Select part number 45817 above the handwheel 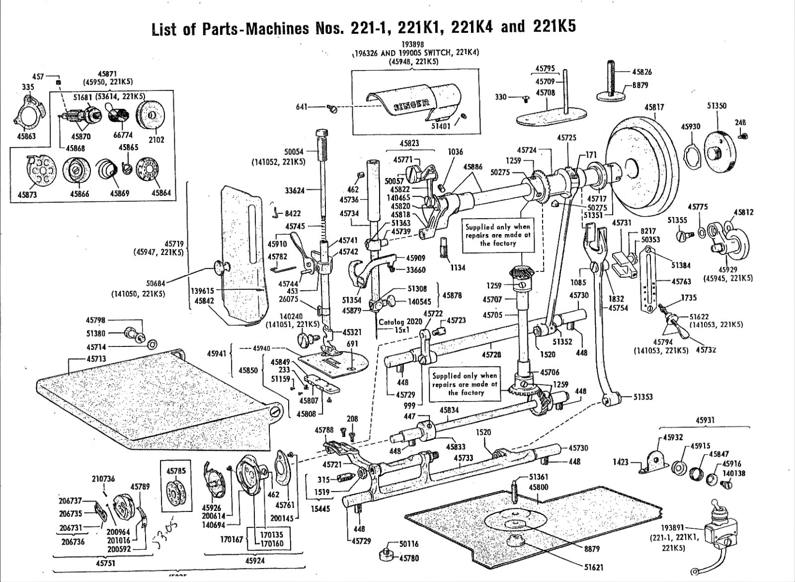click(654, 107)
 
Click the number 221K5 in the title click(555, 25)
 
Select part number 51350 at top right click(716, 106)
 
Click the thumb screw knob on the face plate click(221, 267)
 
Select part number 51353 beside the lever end click(643, 397)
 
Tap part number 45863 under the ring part click(26, 136)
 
